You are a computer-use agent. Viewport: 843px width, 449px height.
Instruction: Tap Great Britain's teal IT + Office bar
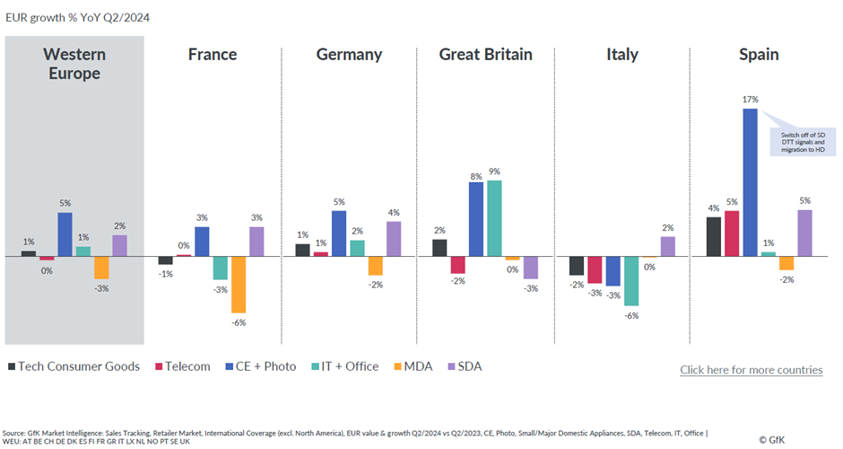coord(493,218)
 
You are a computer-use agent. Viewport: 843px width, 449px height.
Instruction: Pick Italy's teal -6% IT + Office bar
coord(631,280)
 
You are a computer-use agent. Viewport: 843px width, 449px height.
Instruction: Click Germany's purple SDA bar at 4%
coord(394,239)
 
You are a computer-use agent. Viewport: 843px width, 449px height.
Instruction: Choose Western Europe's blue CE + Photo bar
coord(65,234)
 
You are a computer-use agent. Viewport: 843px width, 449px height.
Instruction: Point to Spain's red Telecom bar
coord(731,233)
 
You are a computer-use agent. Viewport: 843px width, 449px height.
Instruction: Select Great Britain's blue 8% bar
coord(475,220)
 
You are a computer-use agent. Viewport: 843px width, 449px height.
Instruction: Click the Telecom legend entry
coord(186,366)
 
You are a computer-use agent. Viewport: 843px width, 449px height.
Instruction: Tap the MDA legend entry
coord(386,366)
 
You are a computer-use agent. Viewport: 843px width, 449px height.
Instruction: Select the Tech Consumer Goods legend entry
coord(74,366)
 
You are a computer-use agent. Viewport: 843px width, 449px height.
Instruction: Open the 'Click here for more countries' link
coord(751,370)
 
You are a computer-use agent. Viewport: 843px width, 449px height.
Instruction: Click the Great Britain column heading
coord(485,55)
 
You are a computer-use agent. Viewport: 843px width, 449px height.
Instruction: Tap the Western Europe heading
coord(74,64)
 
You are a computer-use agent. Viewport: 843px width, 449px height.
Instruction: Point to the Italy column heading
coord(621,55)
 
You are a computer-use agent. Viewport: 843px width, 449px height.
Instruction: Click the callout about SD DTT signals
coord(802,142)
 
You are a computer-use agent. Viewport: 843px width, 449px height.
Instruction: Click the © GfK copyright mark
coord(775,440)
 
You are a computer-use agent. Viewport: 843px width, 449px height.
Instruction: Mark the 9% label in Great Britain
coord(493,172)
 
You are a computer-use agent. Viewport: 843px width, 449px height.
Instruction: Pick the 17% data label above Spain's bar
coord(750,100)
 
